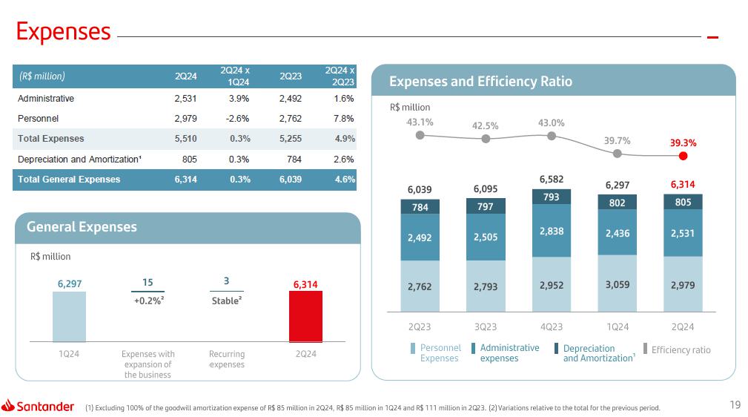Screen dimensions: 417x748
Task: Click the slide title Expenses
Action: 64,31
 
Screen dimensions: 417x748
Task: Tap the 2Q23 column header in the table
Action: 290,76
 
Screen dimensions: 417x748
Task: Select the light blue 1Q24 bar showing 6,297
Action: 69,315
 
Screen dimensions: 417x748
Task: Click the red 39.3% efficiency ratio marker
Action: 684,156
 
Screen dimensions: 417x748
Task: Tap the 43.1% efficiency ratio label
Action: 420,122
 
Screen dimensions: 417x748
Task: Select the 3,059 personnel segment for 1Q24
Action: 618,283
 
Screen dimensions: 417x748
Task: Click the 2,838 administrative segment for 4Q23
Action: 552,231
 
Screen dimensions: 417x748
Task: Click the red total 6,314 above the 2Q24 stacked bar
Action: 683,183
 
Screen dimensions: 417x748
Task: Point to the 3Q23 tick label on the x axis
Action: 486,327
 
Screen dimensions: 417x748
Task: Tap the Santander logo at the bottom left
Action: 39,406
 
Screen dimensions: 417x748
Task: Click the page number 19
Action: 735,404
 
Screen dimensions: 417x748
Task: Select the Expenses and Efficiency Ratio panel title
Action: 481,82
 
